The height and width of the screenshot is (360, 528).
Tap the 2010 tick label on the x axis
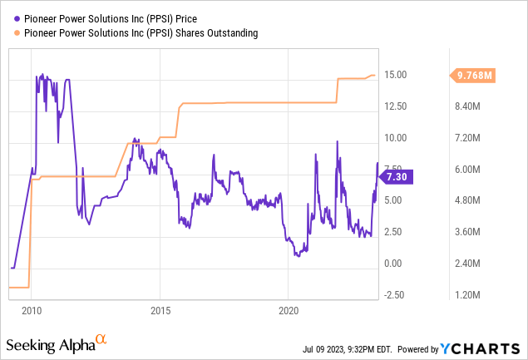31,309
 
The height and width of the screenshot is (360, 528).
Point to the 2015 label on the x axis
160,309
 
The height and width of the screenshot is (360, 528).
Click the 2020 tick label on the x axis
288,309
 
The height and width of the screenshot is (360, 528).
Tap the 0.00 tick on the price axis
394,264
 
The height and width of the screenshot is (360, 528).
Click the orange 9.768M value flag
476,76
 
